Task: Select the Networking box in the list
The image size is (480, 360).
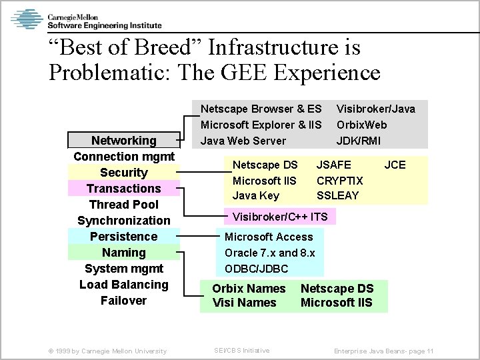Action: coord(123,141)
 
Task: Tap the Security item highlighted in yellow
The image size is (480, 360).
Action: coord(123,173)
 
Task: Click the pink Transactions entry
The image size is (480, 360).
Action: coord(123,189)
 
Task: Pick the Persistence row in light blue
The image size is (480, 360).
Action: coord(123,237)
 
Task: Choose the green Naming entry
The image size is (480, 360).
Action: coord(123,253)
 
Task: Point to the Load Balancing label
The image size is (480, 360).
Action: coord(123,285)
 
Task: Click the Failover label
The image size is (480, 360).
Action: coord(123,301)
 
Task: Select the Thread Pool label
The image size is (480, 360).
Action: coord(123,205)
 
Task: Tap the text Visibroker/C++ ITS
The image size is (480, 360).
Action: coord(279,217)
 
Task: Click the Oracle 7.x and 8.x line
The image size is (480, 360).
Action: coord(269,253)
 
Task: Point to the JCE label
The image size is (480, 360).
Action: coord(395,165)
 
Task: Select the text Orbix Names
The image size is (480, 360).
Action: coord(248,289)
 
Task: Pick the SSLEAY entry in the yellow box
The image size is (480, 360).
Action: coord(337,195)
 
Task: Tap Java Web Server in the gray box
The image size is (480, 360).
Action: coord(243,141)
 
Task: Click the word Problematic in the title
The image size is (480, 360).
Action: coord(107,71)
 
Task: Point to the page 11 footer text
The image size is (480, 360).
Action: coord(384,351)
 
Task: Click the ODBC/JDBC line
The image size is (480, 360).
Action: coord(256,269)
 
